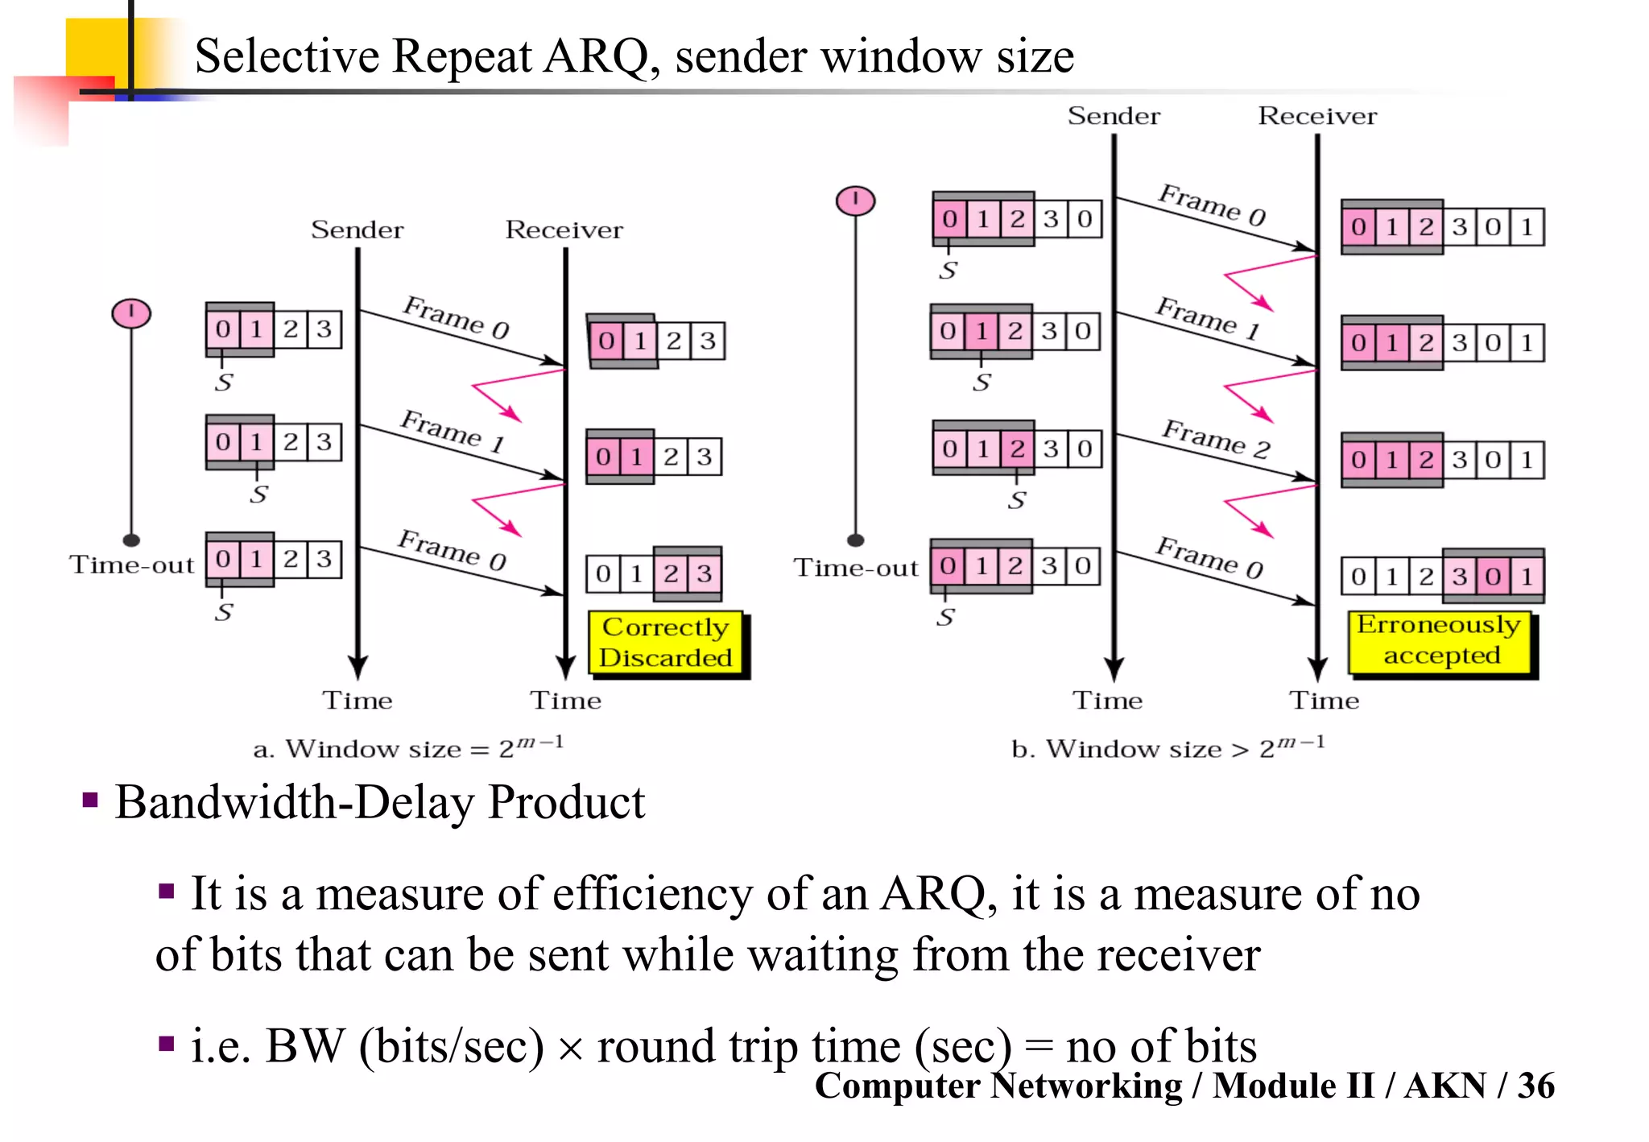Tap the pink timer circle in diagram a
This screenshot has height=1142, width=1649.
pos(131,312)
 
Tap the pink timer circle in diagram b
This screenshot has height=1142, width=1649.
pos(855,200)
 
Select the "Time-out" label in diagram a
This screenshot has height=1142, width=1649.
pos(132,565)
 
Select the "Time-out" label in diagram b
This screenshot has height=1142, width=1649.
pos(856,568)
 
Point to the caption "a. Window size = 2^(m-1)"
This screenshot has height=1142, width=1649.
pos(408,747)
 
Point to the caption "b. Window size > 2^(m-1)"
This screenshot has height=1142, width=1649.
pos(1168,747)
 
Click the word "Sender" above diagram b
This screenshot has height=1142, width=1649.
pos(1114,116)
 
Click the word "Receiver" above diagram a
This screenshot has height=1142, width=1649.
pos(564,230)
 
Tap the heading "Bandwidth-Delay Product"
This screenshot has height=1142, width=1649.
pos(380,802)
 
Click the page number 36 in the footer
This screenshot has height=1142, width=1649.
pos(1535,1086)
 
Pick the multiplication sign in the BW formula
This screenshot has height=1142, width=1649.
pos(570,1049)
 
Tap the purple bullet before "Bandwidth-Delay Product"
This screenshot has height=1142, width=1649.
pos(90,801)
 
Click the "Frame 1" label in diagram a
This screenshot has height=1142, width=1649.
pos(453,431)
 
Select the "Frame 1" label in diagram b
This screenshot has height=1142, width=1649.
pos(1208,317)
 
